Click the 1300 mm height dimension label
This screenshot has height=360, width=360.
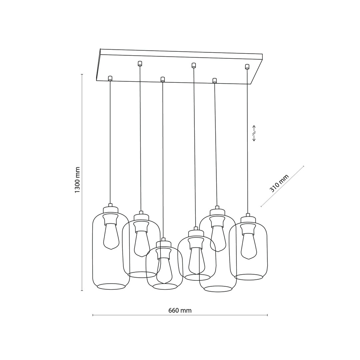(x=77, y=180)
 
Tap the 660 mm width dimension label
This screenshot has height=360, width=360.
(x=180, y=310)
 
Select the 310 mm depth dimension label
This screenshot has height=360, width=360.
(x=279, y=183)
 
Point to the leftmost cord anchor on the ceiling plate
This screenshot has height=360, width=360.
(x=110, y=78)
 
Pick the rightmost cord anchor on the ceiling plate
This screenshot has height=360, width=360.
(x=247, y=67)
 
